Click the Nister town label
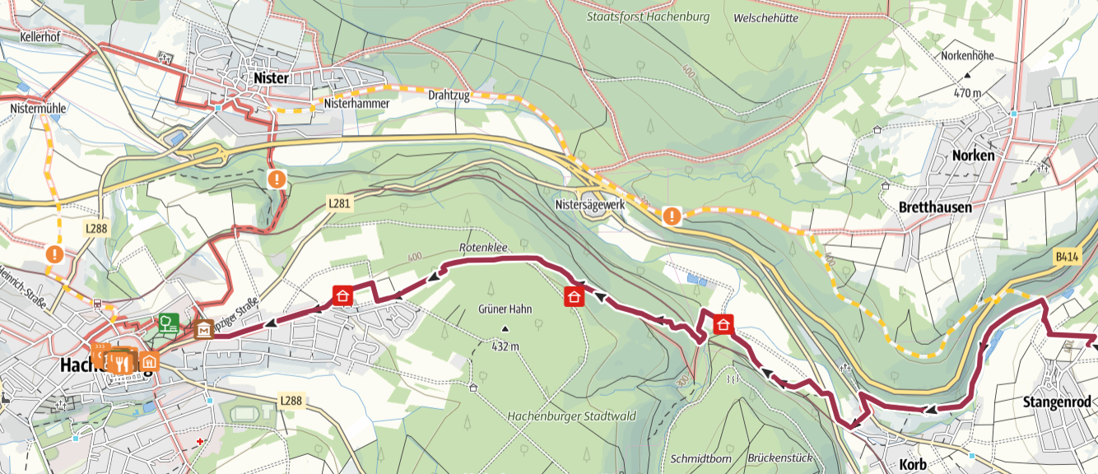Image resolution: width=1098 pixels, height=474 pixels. point(272,78)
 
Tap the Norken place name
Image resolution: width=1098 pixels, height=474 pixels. point(973,156)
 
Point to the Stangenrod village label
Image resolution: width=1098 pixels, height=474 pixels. point(1056,402)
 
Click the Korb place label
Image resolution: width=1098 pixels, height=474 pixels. point(914,465)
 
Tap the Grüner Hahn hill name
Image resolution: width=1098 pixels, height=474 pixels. point(505,309)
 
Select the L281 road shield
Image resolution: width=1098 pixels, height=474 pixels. point(341,203)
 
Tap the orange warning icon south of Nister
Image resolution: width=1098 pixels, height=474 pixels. point(277,178)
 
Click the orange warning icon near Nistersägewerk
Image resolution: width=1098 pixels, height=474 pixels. point(672,216)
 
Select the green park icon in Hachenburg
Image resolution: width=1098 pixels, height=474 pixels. point(169,322)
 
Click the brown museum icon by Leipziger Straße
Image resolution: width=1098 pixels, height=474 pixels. point(203,329)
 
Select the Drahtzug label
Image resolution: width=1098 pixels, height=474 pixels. point(449,96)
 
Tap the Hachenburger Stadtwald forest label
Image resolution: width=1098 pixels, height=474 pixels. point(572,416)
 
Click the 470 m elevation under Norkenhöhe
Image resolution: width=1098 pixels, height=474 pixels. point(967,93)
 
